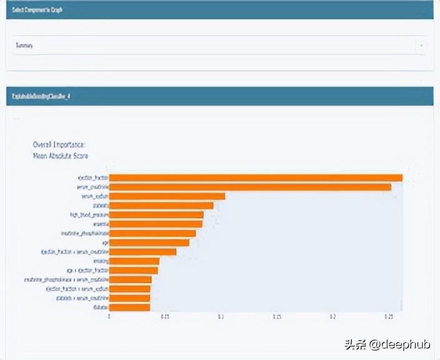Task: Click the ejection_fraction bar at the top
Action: [256, 177]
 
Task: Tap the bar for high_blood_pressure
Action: [156, 214]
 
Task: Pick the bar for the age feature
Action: [149, 242]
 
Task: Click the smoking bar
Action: [134, 261]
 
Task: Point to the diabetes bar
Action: [129, 307]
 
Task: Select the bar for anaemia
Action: [156, 224]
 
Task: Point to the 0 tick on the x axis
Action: [109, 317]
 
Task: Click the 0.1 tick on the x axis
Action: [221, 317]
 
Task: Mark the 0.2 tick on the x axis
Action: [332, 317]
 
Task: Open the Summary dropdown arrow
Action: [421, 46]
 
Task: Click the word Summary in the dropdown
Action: [25, 46]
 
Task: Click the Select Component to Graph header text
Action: [37, 10]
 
